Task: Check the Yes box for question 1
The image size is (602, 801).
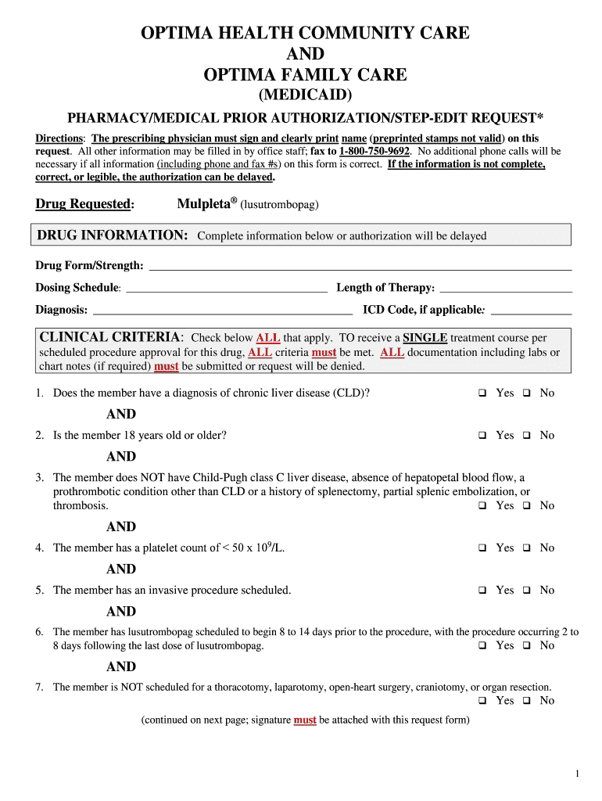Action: pyautogui.click(x=482, y=393)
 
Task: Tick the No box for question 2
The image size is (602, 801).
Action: pyautogui.click(x=527, y=436)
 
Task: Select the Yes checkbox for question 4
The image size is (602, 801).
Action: pyautogui.click(x=482, y=548)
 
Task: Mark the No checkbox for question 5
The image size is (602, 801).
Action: pyautogui.click(x=527, y=591)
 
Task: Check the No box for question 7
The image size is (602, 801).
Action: pyautogui.click(x=527, y=701)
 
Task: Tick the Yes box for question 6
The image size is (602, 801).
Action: pyautogui.click(x=482, y=646)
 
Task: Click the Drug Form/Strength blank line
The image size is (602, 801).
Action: pyautogui.click(x=360, y=267)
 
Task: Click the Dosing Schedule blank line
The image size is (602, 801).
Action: pyautogui.click(x=226, y=289)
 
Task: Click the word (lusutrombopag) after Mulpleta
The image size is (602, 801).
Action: pyautogui.click(x=279, y=205)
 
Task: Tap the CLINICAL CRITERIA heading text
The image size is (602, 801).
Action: pyautogui.click(x=110, y=337)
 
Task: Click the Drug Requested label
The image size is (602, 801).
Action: pyautogui.click(x=84, y=204)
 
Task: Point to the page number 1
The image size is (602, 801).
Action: pyautogui.click(x=577, y=774)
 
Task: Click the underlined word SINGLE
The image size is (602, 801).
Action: pyautogui.click(x=425, y=338)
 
